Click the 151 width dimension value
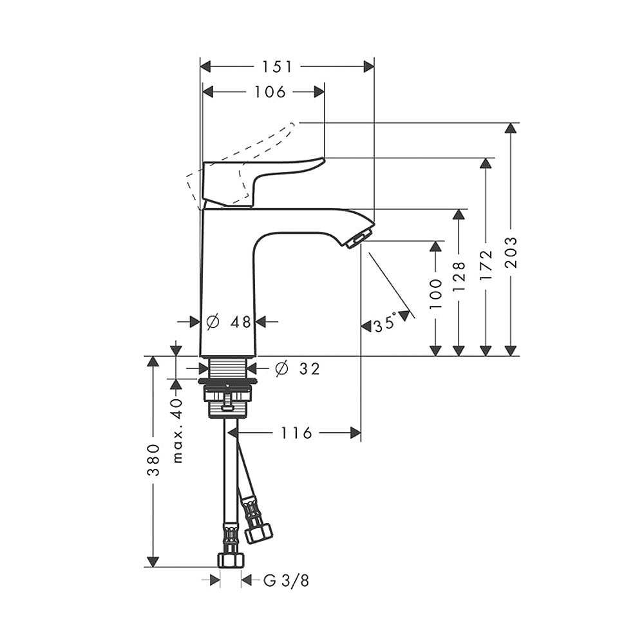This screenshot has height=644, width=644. pos(277,66)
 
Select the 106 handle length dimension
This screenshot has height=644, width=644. pos(269,92)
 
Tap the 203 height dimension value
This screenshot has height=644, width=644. pos(511,256)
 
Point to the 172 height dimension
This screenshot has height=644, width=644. pos(486,264)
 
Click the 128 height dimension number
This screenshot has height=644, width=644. pos(459,277)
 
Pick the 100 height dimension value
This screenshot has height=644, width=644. pos(437,294)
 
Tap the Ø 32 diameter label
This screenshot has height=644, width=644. pos(297,368)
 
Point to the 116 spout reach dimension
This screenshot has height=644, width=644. pos(296,433)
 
